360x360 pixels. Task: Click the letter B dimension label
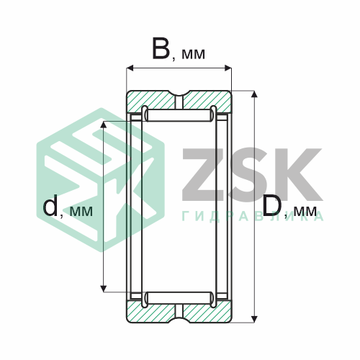161,49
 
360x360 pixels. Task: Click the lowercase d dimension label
50,205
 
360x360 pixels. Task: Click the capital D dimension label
271,205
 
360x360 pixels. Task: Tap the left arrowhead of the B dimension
130,68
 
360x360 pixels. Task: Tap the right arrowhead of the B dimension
228,68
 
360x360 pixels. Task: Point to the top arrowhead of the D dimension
254,94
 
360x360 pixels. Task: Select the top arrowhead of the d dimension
104,125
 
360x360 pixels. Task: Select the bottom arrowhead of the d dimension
104,289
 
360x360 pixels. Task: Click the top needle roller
179,115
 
